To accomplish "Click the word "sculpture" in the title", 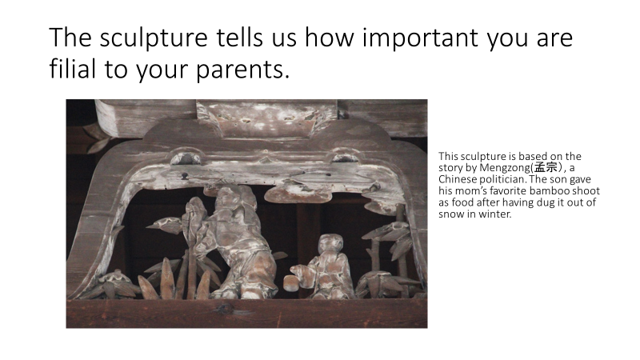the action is (x=154, y=38).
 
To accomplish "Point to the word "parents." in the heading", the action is (x=243, y=70).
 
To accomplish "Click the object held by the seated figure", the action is (x=290, y=283).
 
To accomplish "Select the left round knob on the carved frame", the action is (x=186, y=158).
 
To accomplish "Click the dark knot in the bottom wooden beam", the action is (x=225, y=309).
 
